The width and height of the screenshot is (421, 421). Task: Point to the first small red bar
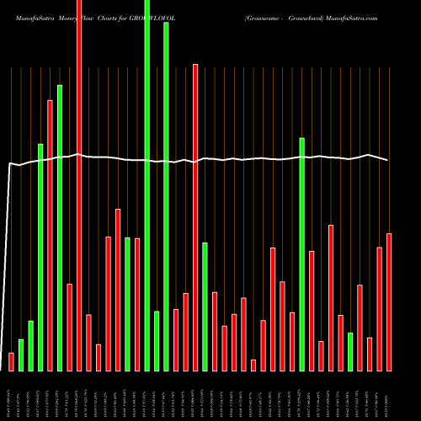click(x=11, y=361)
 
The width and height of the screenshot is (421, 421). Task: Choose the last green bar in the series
click(x=349, y=351)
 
